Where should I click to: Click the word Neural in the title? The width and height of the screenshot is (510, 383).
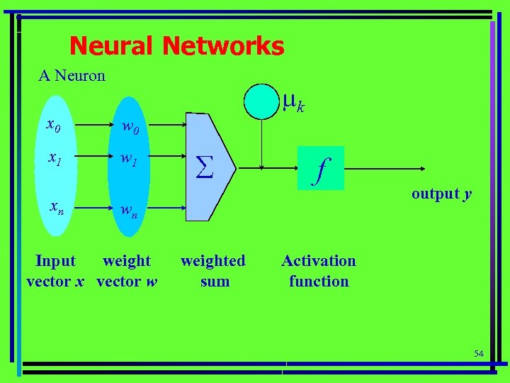[x=113, y=47]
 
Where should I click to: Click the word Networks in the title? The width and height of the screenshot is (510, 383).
[x=223, y=47]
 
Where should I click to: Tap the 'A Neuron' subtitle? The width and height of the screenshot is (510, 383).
[x=72, y=75]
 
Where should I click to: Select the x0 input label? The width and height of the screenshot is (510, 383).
[x=53, y=126]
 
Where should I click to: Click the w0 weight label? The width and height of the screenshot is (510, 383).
[x=130, y=128]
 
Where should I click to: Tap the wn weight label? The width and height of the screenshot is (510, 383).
[x=129, y=210]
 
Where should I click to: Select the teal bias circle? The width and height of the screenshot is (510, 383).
[x=262, y=101]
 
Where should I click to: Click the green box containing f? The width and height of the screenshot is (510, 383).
[x=321, y=168]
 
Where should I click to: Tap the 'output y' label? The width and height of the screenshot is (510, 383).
[x=441, y=194]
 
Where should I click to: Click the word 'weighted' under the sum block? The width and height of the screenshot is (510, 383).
[x=213, y=261]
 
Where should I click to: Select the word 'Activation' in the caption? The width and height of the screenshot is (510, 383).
[x=319, y=261]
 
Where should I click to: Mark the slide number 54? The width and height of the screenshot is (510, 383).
[x=478, y=353]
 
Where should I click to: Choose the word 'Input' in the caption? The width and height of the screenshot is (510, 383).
[x=55, y=261]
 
